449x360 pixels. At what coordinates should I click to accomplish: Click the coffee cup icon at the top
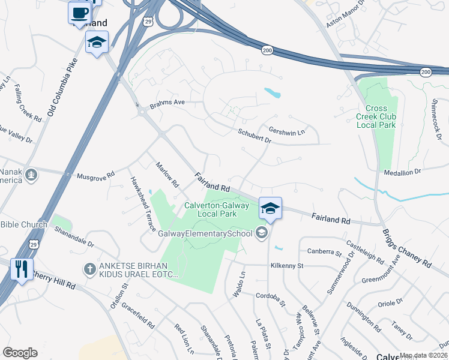coord(79,12)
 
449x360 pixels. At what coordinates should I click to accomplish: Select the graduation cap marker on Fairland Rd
coord(270,208)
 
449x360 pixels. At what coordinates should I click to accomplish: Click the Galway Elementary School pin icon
coord(261,232)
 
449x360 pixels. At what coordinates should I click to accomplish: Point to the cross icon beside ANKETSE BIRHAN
coord(89,269)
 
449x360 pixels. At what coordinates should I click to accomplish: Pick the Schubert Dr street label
coord(255,136)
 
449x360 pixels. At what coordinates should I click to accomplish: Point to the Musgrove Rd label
coord(96,176)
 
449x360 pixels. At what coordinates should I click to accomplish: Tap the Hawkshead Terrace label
coord(143,203)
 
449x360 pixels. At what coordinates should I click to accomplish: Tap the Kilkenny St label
coord(288,265)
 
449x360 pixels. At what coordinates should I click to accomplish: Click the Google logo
coord(20,352)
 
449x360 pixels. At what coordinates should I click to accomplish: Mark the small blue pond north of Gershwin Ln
coord(273,93)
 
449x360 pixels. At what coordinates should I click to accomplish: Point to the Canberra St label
coord(324,251)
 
